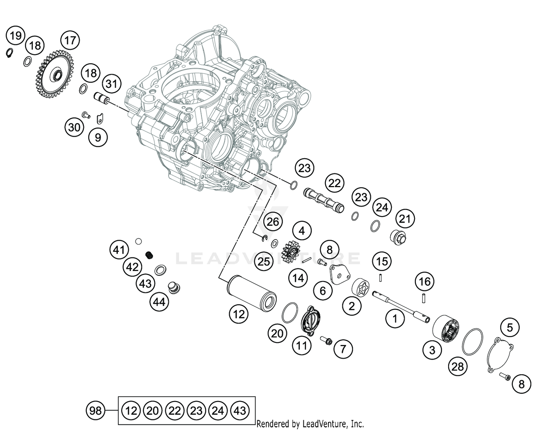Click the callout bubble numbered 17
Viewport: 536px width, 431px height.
coord(70,40)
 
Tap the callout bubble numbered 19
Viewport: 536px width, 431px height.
coord(16,36)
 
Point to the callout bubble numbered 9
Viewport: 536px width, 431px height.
coord(98,137)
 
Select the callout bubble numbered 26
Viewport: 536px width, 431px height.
coord(273,222)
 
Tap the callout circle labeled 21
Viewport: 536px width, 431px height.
coord(405,219)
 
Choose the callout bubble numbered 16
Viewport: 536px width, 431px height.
coord(425,282)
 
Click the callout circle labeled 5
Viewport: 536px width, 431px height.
coord(510,327)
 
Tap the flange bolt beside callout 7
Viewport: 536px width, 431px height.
coord(327,341)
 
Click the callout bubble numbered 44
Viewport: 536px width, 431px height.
coord(159,302)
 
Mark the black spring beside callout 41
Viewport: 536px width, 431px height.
coord(150,255)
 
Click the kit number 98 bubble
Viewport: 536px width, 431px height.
coord(95,411)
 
